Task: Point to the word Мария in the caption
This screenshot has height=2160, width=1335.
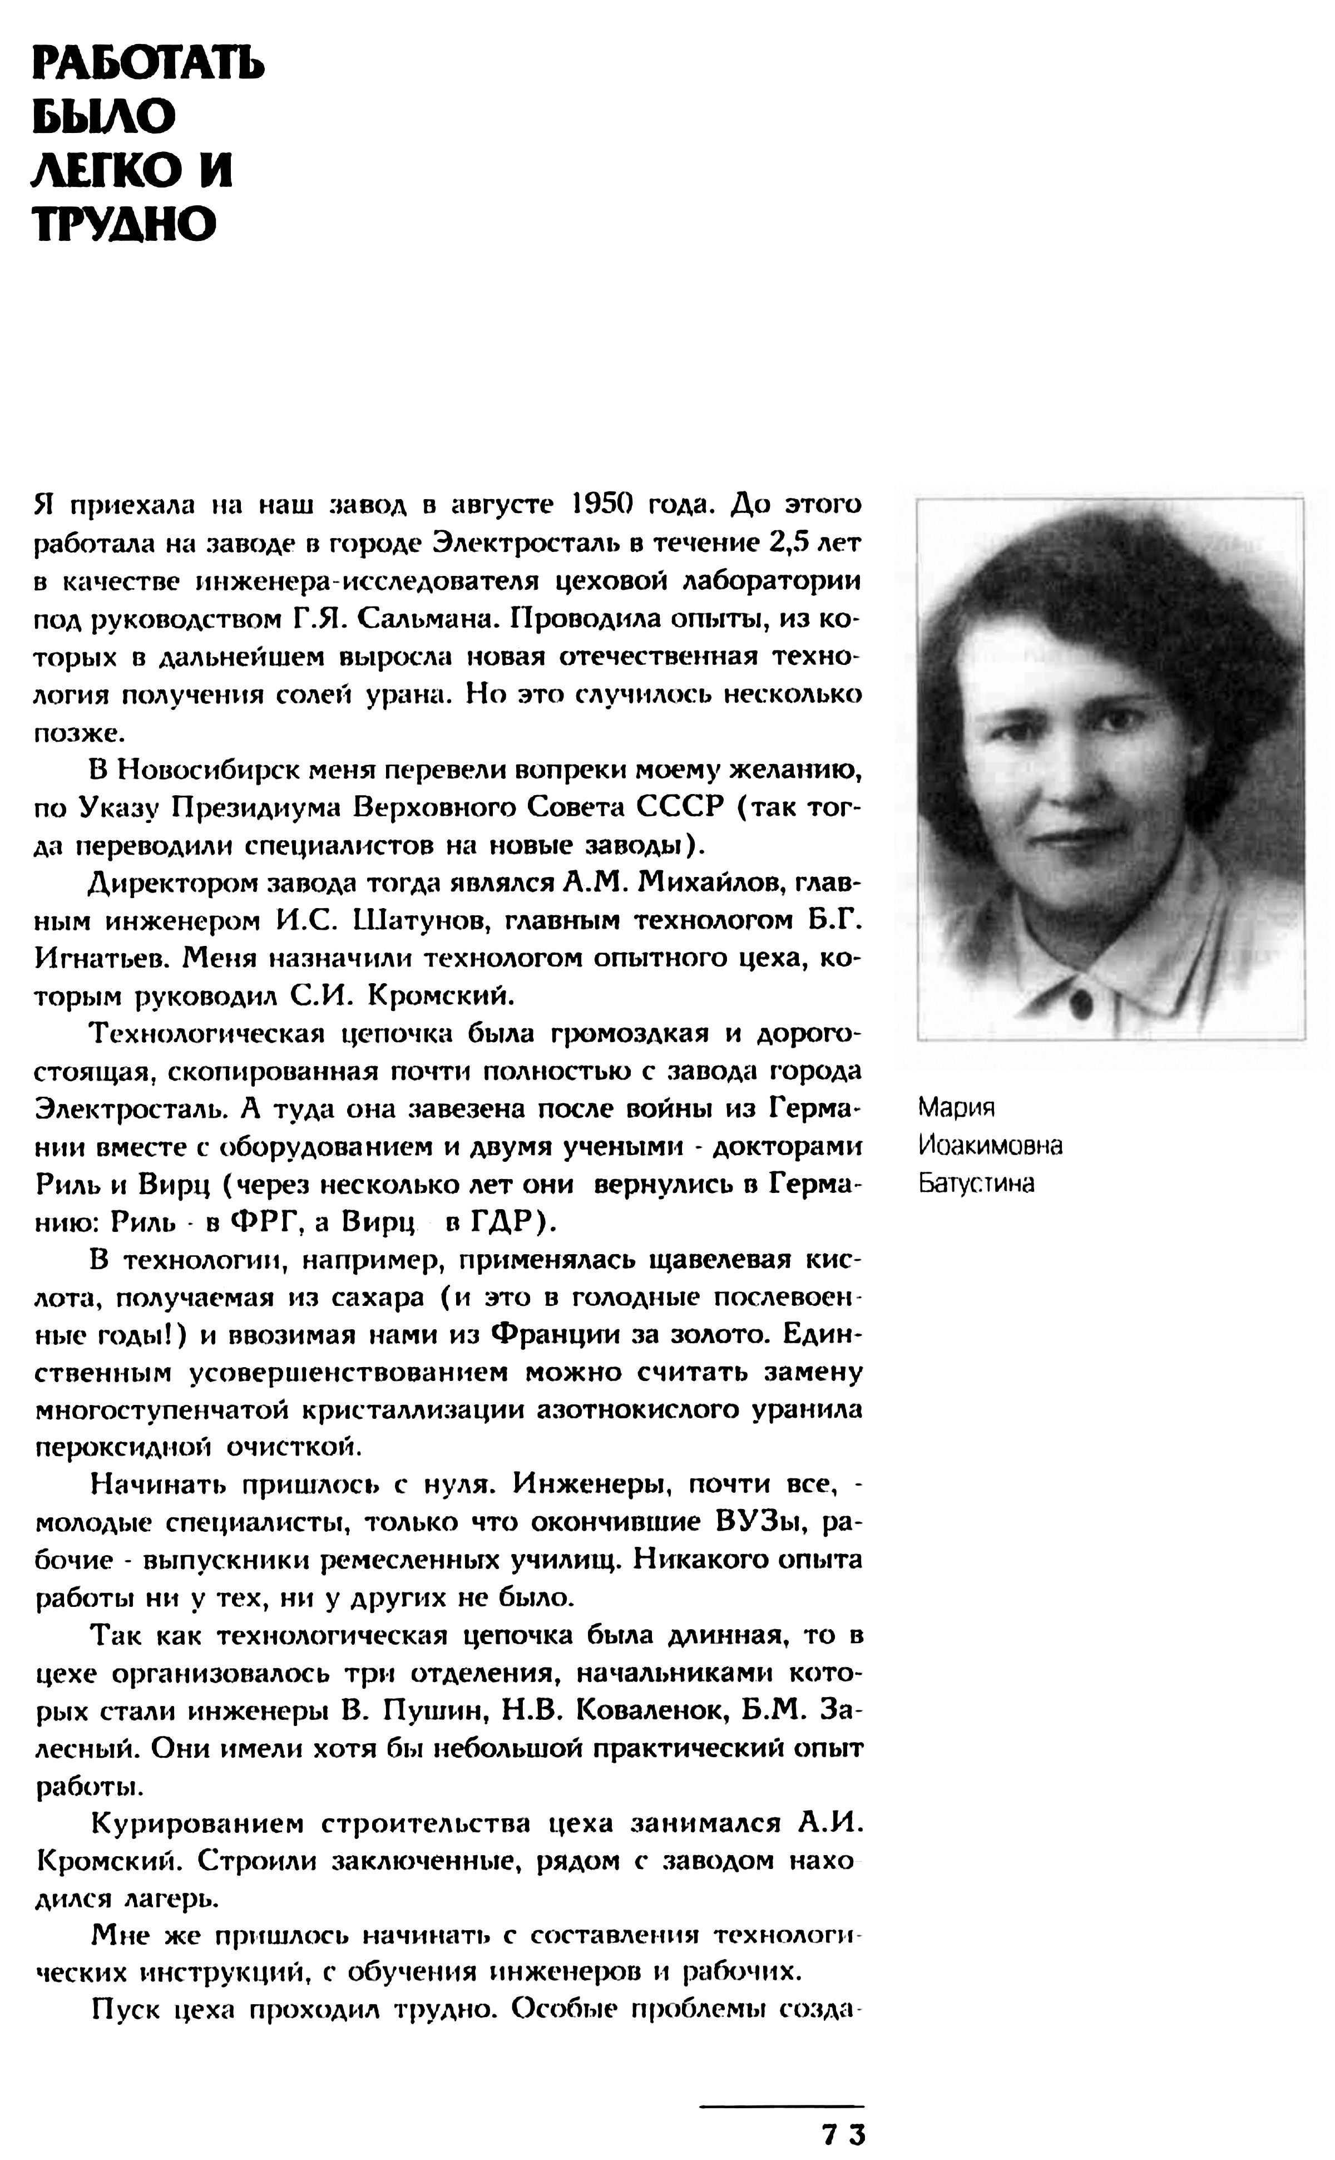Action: (x=956, y=1107)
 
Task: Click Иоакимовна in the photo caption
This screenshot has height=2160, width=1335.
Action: (x=990, y=1145)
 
